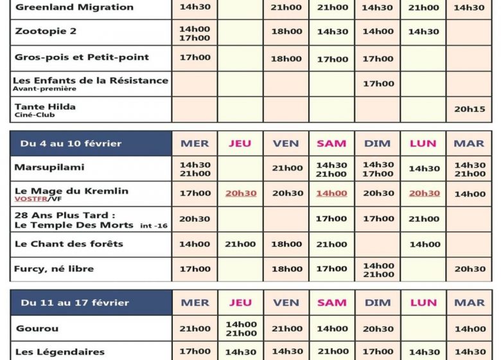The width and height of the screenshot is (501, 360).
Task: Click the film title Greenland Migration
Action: (x=75, y=8)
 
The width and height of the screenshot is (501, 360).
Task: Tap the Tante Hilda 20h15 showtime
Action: (x=470, y=109)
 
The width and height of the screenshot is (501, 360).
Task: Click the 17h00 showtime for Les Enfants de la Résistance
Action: (x=378, y=84)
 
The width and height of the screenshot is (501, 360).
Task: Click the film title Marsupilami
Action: (x=49, y=168)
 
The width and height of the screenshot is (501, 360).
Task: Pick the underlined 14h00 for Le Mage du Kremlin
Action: (x=331, y=194)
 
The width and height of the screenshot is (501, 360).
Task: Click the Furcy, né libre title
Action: (x=54, y=269)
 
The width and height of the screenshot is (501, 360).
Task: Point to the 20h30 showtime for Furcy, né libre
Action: (x=470, y=269)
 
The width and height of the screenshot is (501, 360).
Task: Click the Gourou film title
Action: (x=37, y=328)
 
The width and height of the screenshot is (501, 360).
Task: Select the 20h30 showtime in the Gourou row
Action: (x=378, y=328)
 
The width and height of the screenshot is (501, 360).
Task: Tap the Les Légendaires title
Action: (x=60, y=352)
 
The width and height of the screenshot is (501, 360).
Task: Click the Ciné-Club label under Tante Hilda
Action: (x=31, y=115)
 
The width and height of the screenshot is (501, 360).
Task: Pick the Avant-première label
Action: (x=40, y=89)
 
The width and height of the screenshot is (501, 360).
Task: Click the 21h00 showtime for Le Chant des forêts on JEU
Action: (x=240, y=244)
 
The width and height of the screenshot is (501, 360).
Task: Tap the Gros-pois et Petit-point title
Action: (x=82, y=57)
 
